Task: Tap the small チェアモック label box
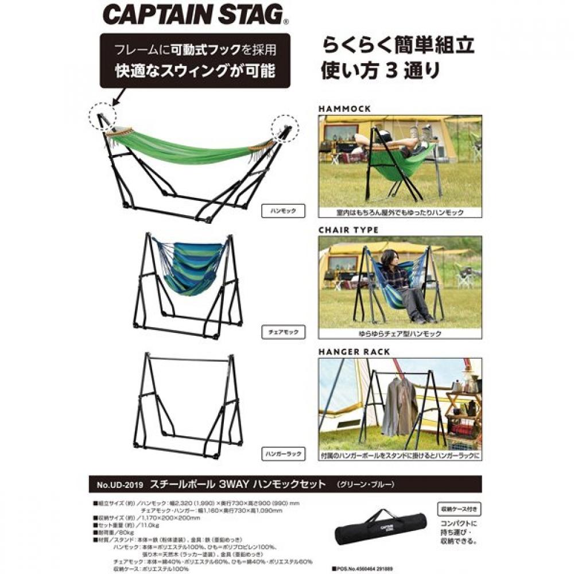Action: pyautogui.click(x=281, y=332)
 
